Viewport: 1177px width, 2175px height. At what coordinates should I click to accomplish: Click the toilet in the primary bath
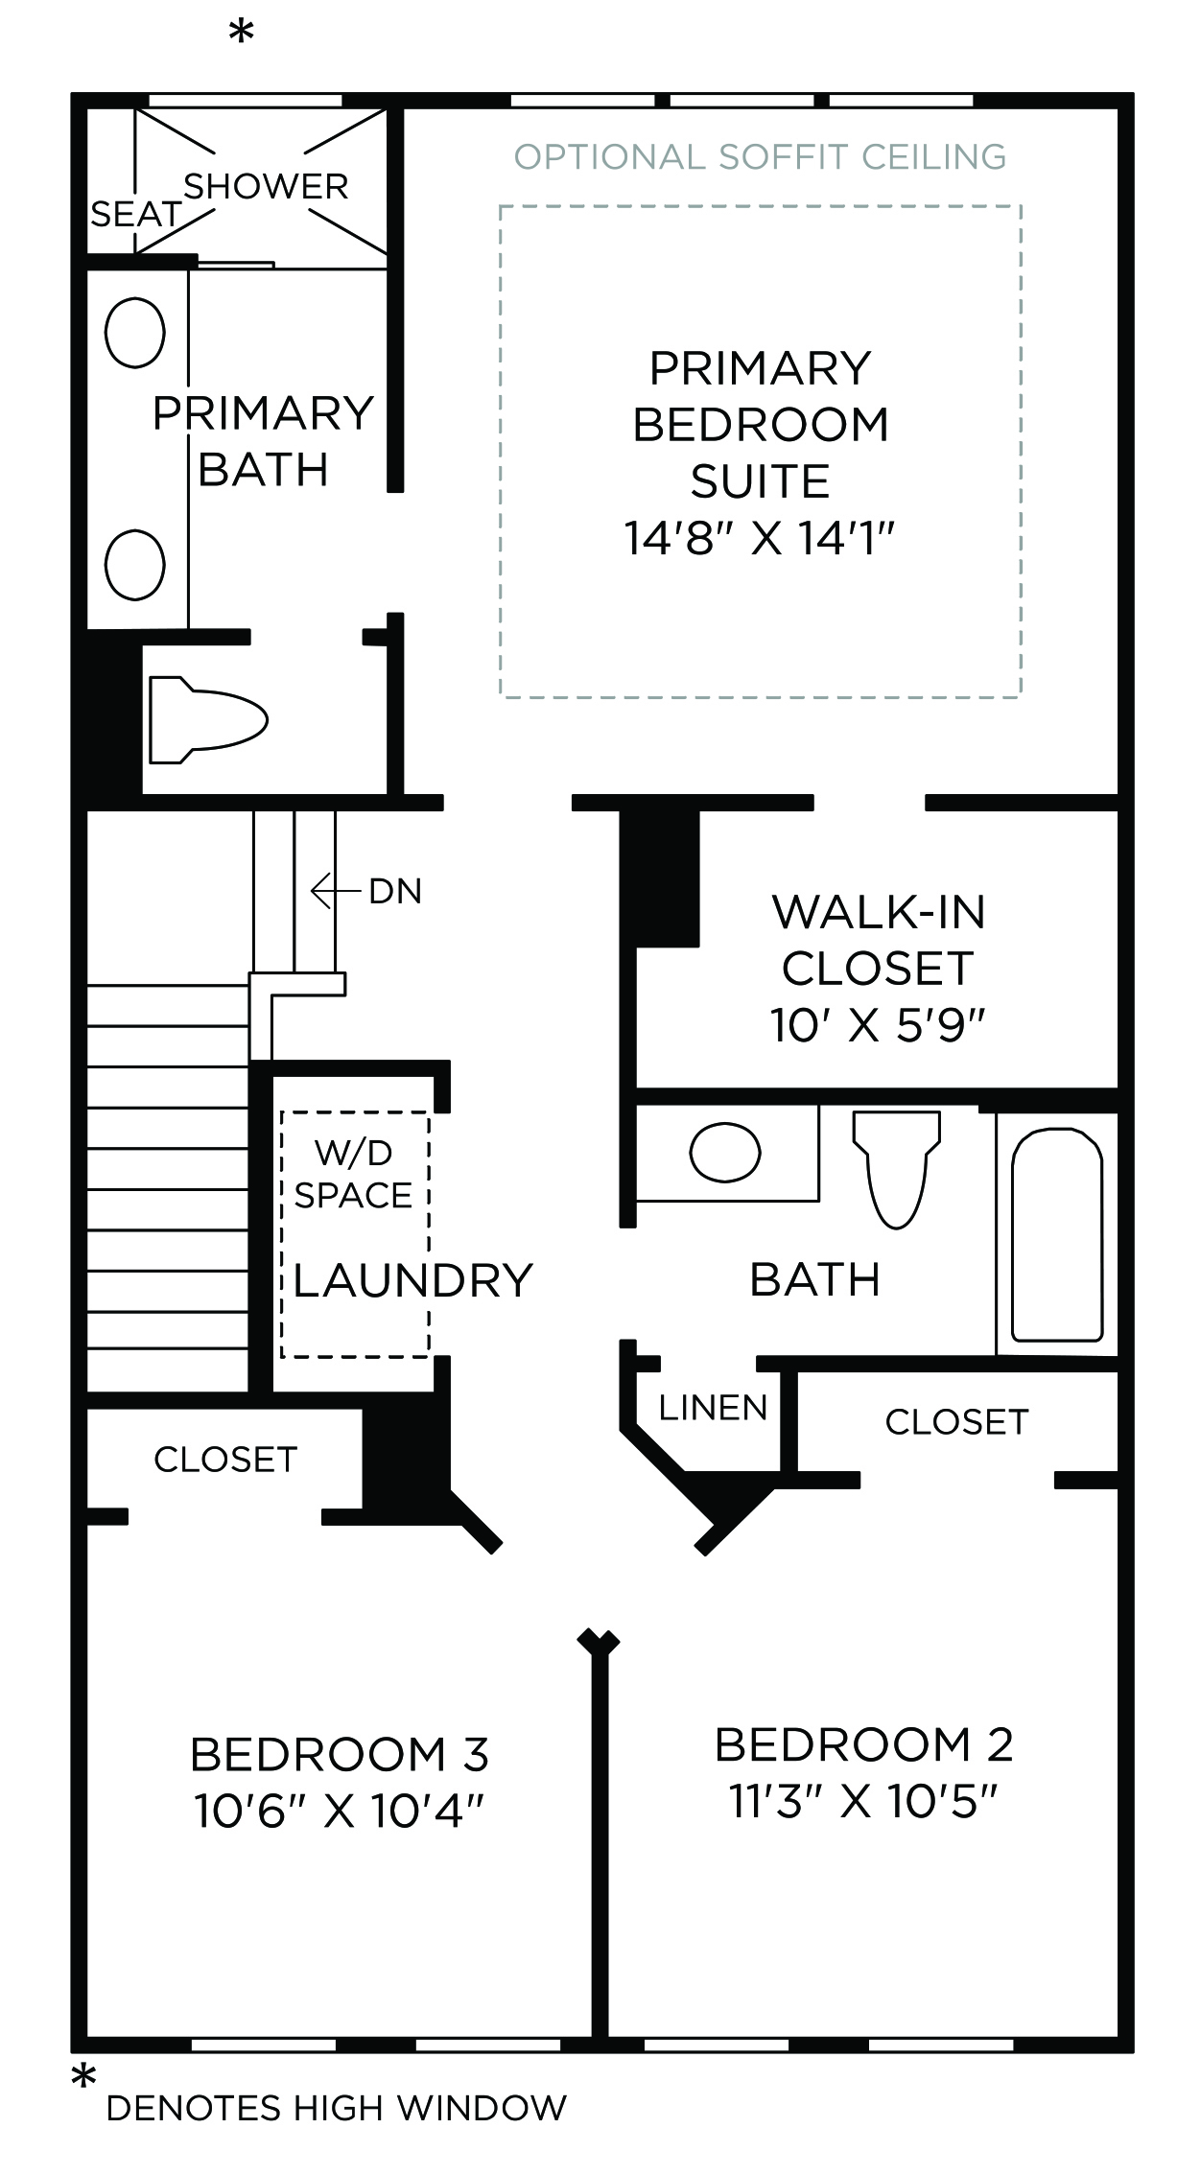tap(208, 720)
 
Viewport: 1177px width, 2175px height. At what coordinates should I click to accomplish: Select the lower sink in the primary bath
tap(134, 564)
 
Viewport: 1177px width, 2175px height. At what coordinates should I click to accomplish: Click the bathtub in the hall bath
tap(1058, 1234)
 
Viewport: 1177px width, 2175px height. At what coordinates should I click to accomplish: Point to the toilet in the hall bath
tap(896, 1169)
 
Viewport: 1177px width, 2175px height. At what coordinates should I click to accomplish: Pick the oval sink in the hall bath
tap(725, 1152)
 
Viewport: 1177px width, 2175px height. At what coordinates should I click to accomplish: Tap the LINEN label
tap(713, 1408)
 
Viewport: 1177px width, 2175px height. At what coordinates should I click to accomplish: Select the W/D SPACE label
tap(354, 1174)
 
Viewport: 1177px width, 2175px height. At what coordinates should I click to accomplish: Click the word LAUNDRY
tap(412, 1280)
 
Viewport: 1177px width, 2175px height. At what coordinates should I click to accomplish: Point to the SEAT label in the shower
tap(135, 214)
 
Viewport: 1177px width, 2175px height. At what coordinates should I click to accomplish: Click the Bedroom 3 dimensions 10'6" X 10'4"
tap(340, 1812)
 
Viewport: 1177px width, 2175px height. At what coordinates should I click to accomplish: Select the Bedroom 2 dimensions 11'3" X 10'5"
tap(863, 1801)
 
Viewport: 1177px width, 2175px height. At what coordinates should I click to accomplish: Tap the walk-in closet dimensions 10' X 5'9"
tap(878, 1025)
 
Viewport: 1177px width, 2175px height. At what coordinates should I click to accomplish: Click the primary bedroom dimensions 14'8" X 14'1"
tap(760, 538)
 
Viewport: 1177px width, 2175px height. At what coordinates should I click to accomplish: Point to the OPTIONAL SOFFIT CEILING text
tap(760, 156)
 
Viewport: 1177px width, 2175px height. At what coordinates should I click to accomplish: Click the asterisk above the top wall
tap(241, 34)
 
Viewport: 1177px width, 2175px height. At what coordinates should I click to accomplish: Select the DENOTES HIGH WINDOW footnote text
tap(337, 2108)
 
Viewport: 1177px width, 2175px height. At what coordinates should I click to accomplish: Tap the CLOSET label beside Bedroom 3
tap(225, 1460)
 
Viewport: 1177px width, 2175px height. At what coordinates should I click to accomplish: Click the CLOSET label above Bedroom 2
tap(956, 1422)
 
